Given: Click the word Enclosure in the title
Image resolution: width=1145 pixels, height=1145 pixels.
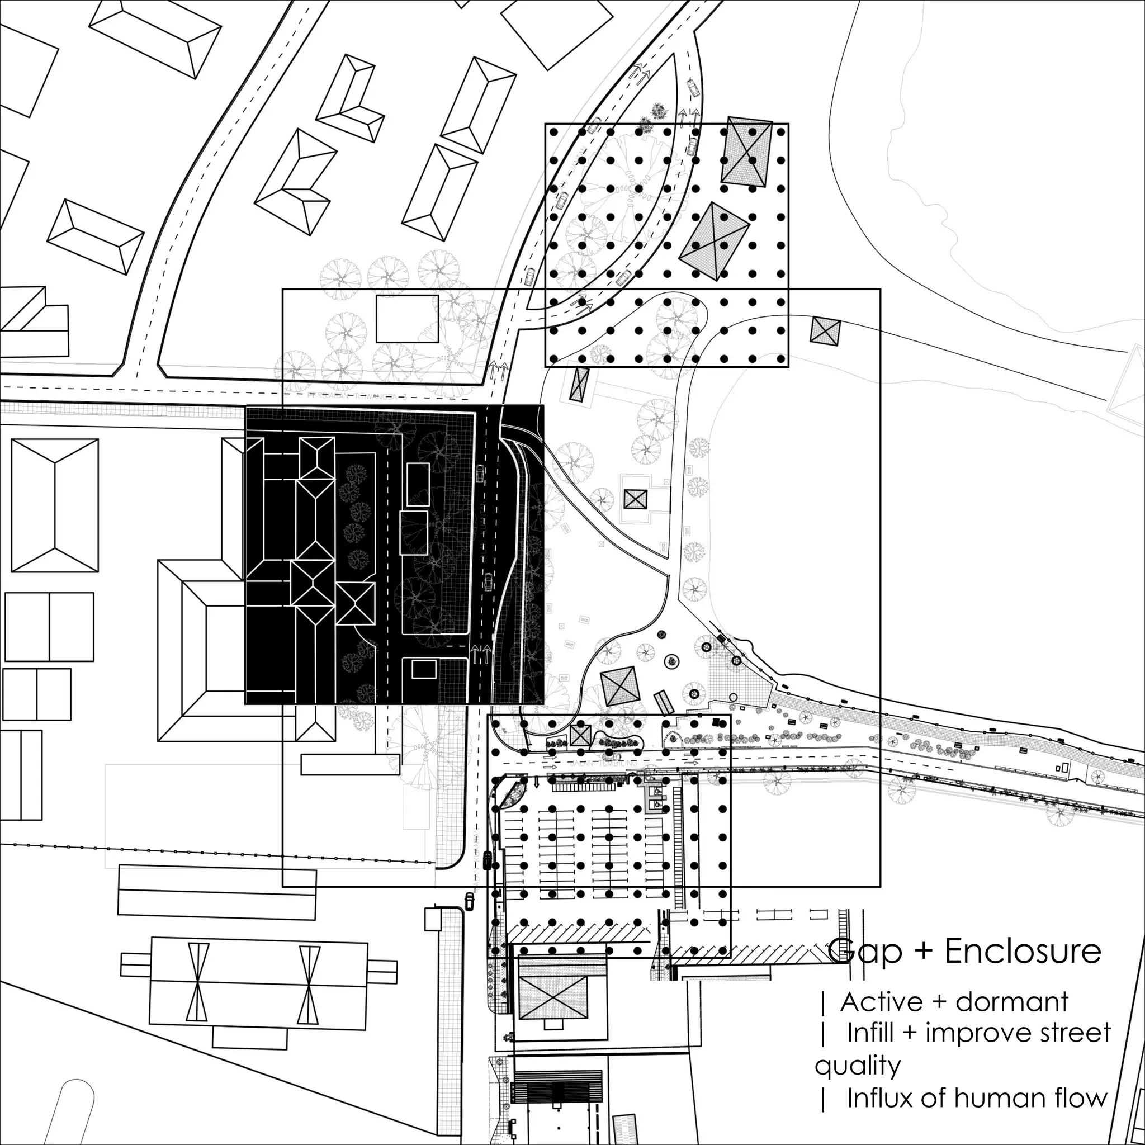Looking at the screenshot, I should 1023,951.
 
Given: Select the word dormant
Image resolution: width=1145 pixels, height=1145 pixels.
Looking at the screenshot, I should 1012,1002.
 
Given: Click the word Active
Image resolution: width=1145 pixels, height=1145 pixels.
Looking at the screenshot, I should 881,1002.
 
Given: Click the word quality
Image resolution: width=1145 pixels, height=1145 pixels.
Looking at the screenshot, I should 857,1066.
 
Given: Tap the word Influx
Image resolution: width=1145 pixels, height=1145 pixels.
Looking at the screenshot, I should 881,1097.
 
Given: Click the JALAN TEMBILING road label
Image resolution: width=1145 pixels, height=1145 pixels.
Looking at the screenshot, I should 603,763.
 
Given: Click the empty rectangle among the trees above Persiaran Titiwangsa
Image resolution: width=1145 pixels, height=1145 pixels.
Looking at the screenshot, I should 407,319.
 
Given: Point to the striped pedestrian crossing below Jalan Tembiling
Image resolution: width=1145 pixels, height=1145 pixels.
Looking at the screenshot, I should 584,787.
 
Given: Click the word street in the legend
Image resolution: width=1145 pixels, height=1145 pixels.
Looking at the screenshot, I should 1077,1033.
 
